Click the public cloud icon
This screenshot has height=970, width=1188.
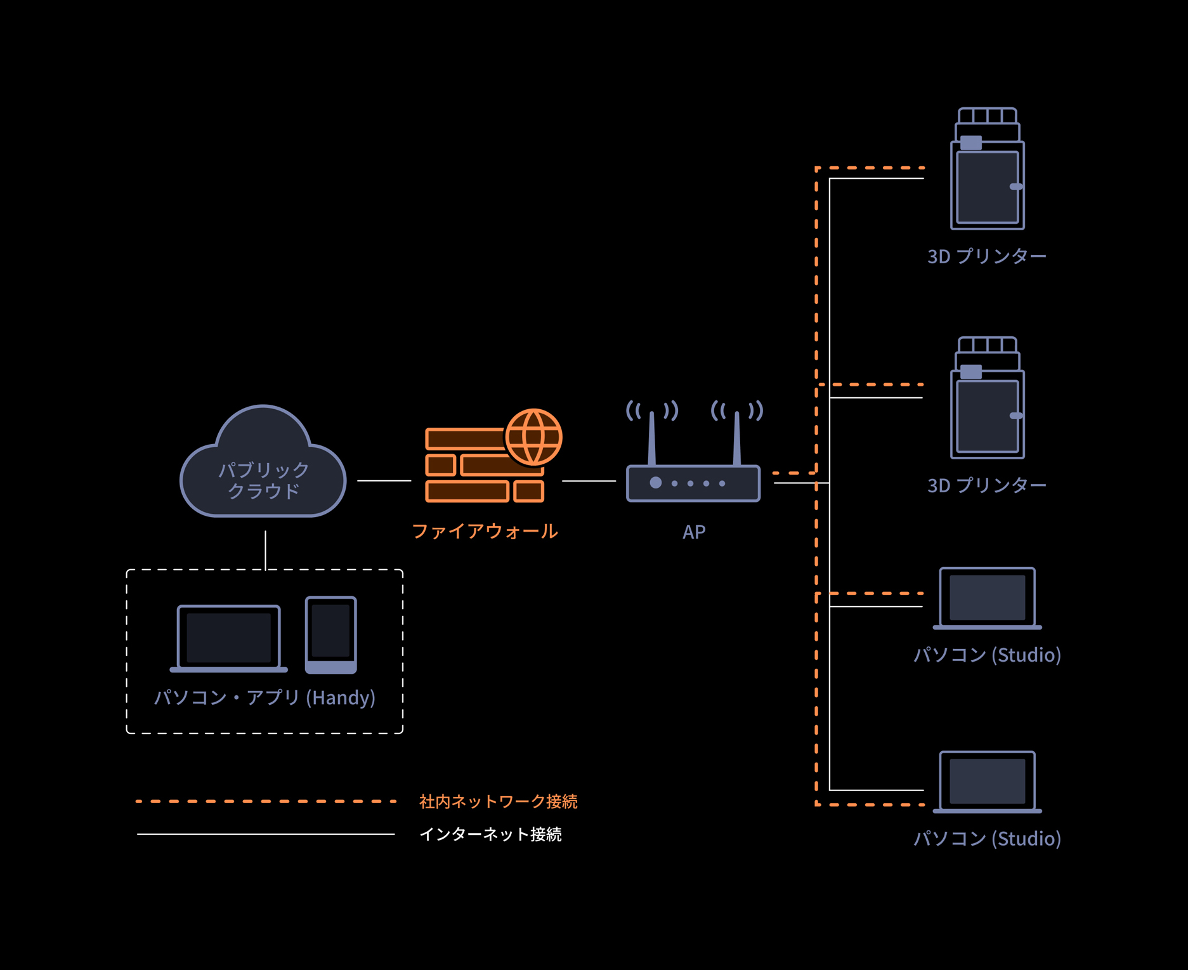pyautogui.click(x=263, y=461)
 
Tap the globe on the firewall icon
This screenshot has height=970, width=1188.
pyautogui.click(x=534, y=437)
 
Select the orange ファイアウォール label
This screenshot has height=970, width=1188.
pyautogui.click(x=485, y=531)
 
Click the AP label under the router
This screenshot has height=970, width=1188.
pyautogui.click(x=694, y=532)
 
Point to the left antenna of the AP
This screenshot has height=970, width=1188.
pyautogui.click(x=651, y=438)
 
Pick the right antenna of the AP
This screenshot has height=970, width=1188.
pyautogui.click(x=737, y=438)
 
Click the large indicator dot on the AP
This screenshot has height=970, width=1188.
pyautogui.click(x=656, y=483)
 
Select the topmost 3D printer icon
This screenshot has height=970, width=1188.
pyautogui.click(x=988, y=169)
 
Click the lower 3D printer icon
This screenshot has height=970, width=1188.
pyautogui.click(x=988, y=398)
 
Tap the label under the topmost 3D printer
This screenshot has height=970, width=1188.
pyautogui.click(x=987, y=256)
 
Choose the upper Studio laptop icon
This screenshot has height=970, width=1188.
pyautogui.click(x=988, y=598)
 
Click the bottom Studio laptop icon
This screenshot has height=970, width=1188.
pyautogui.click(x=988, y=782)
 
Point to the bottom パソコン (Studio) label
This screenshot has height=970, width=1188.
pyautogui.click(x=988, y=839)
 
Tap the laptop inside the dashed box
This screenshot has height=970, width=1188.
pyautogui.click(x=229, y=638)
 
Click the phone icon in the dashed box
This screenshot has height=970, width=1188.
pyautogui.click(x=331, y=635)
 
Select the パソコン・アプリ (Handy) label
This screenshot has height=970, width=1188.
pyautogui.click(x=265, y=698)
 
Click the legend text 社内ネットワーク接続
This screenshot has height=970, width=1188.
pyautogui.click(x=499, y=802)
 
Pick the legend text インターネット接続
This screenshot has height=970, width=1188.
pyautogui.click(x=491, y=834)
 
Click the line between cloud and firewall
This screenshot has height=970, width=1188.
pyautogui.click(x=384, y=481)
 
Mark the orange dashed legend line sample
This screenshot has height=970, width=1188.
pyautogui.click(x=266, y=802)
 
